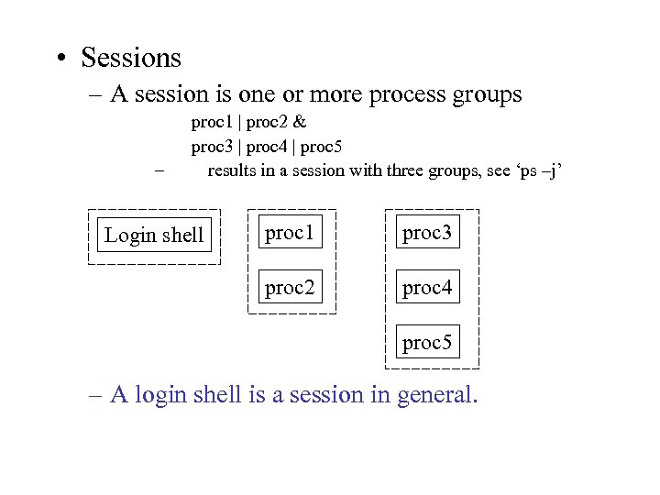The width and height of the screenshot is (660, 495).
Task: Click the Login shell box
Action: (154, 235)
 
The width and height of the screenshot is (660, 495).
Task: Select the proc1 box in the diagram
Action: (290, 234)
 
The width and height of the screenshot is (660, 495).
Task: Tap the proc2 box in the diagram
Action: (290, 288)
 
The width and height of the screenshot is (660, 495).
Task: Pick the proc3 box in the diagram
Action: (427, 234)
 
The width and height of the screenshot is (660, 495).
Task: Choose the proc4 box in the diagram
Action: (427, 288)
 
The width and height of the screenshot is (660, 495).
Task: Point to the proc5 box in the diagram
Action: (427, 343)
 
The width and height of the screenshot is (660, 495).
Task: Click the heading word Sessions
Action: (131, 58)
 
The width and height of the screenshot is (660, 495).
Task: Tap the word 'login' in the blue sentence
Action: (166, 395)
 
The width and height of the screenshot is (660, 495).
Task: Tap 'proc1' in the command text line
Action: (210, 121)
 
